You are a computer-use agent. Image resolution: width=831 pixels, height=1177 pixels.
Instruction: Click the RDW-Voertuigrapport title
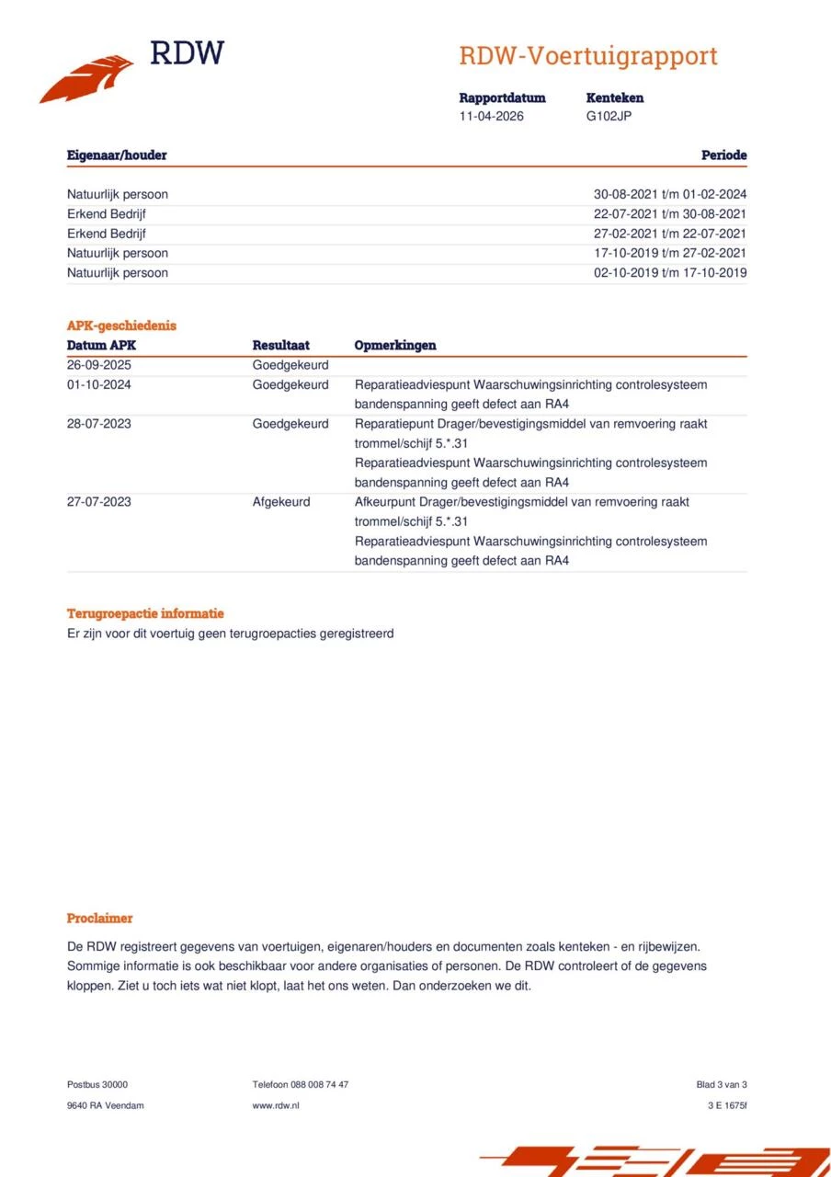pos(587,56)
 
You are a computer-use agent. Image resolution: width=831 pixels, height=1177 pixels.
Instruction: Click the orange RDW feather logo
pos(86,79)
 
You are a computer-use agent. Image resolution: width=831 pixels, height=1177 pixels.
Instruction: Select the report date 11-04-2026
pos(492,116)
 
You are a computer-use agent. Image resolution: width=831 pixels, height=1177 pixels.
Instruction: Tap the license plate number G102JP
pos(609,116)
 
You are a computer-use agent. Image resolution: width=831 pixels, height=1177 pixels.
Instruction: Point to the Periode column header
pos(723,155)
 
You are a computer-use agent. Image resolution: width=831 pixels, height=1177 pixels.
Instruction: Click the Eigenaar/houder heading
pos(117,155)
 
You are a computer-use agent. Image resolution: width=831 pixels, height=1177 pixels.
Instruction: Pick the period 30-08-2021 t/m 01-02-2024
pos(670,194)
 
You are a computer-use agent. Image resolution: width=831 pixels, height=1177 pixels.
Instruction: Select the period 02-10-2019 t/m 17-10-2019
pos(670,272)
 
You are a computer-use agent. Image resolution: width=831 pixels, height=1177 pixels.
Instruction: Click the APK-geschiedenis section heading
pos(121,326)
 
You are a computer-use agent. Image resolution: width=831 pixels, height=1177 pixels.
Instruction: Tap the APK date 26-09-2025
pos(99,365)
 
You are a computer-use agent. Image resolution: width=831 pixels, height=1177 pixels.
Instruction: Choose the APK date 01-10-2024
pos(99,384)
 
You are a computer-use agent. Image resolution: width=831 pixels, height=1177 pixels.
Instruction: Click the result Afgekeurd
pos(281,502)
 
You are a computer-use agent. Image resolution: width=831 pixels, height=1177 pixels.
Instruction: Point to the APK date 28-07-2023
pos(99,424)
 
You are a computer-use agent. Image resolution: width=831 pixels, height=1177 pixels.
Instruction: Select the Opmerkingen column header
pos(395,346)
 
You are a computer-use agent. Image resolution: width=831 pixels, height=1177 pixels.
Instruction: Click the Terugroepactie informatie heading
pos(145,613)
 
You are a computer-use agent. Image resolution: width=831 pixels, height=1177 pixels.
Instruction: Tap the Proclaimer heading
pos(99,918)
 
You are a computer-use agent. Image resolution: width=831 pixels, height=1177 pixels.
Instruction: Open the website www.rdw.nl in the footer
pos(276,1105)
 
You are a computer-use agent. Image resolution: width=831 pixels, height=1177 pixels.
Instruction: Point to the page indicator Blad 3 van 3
pos(722,1084)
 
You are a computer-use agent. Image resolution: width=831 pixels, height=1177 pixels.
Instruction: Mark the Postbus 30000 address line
pos(97,1084)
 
